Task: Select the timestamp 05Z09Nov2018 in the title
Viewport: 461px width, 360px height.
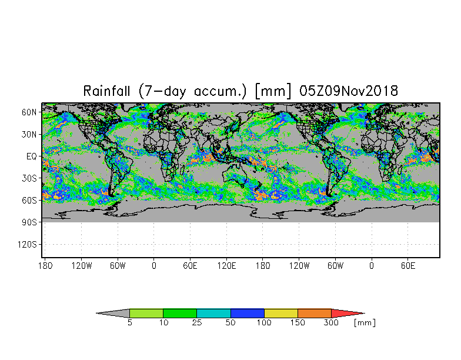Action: coord(349,91)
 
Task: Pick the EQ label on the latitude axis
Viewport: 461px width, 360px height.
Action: coord(31,156)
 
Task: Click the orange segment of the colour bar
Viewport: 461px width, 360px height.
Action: coord(315,314)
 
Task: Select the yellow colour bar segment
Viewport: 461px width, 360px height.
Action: coord(281,314)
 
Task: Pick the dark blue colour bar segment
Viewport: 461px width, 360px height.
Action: coord(248,314)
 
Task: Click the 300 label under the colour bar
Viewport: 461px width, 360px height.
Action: coord(332,323)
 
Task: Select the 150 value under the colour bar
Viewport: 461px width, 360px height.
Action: coord(298,323)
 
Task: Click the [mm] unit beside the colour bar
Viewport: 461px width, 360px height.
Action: coord(365,323)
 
